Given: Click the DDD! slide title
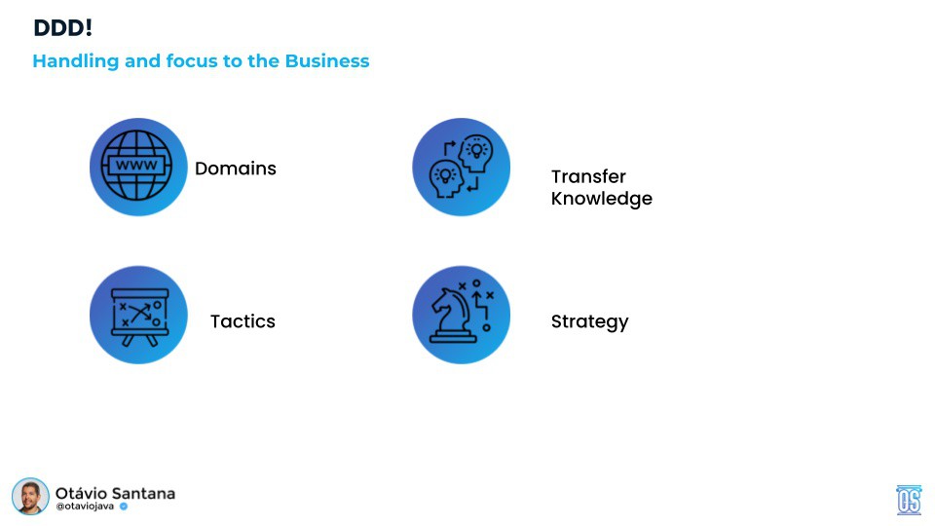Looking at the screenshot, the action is tap(62, 28).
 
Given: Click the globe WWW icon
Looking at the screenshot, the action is tap(137, 167).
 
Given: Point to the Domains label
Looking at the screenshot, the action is tap(235, 169).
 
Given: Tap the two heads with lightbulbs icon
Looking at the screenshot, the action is tap(461, 167).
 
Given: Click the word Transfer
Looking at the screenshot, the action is tap(588, 176).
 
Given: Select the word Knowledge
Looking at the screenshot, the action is tap(601, 199).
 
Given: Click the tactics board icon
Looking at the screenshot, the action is tap(137, 315).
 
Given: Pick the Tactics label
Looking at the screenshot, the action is tap(243, 321).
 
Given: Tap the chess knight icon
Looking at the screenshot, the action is tap(461, 315).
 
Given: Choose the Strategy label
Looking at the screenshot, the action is tap(589, 321).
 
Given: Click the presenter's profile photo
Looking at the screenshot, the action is tap(30, 497).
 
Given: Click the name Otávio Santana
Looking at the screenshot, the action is tap(115, 493).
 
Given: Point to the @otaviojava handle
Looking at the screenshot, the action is tap(85, 507).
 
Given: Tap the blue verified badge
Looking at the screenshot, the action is tap(124, 507).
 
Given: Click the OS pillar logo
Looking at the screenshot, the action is tap(909, 500).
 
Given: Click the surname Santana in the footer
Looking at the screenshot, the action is tap(145, 493).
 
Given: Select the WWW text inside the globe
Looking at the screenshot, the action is tap(137, 166).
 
